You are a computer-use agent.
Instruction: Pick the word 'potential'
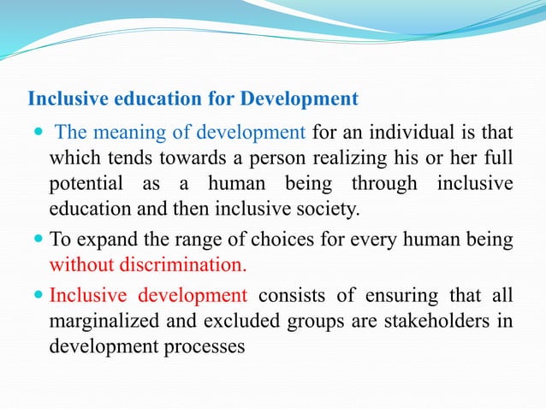pos(85,184)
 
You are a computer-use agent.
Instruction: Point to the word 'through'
pos(384,184)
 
